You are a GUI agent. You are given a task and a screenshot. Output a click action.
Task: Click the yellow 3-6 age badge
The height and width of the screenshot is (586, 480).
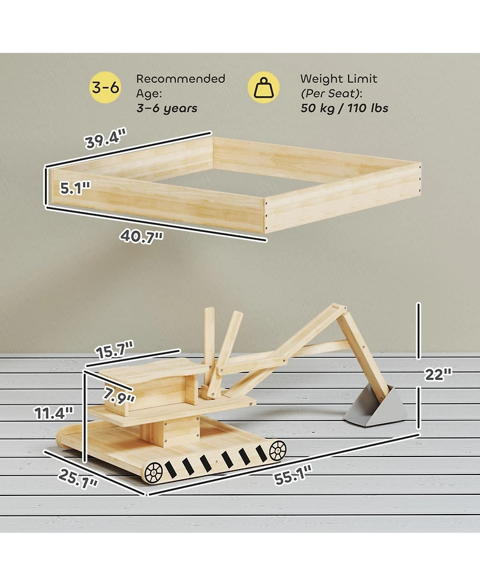point(106,89)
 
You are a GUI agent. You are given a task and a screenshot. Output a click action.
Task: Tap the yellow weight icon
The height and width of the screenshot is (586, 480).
point(263,89)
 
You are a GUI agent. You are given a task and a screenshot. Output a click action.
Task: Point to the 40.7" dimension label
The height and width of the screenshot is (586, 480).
point(142,236)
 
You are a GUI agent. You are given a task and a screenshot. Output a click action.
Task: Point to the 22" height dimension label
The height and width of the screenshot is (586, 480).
point(438,374)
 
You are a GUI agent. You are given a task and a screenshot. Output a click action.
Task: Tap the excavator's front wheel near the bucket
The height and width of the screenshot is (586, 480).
point(277,450)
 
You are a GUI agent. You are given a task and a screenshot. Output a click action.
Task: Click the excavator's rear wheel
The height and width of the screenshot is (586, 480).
point(154,472)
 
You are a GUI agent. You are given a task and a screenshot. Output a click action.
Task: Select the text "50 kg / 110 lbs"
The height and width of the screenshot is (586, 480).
point(344,109)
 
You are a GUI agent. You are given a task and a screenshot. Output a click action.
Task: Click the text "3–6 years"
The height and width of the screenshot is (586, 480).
point(166,109)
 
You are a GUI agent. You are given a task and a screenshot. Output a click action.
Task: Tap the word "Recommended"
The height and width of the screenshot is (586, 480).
point(181,79)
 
